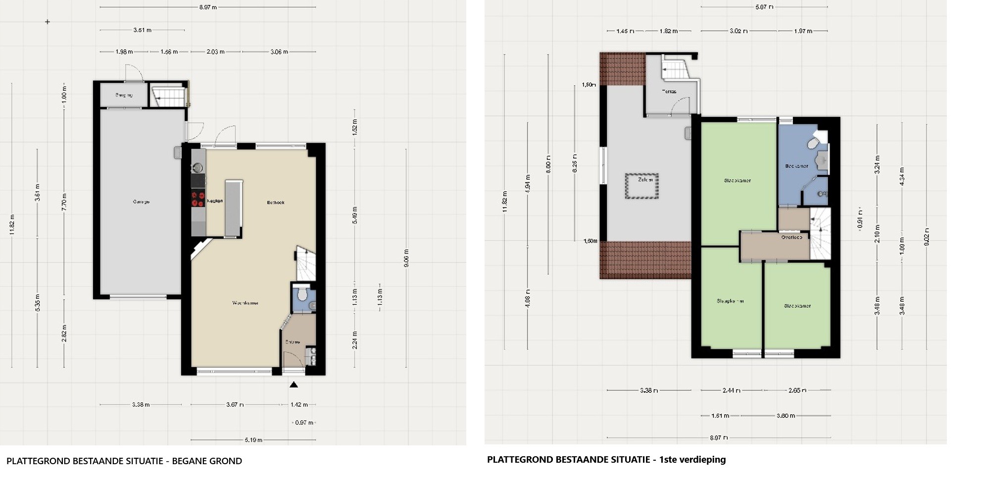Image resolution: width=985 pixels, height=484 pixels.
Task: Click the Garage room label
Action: pyautogui.click(x=141, y=202)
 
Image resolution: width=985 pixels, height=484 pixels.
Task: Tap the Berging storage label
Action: pyautogui.click(x=124, y=95)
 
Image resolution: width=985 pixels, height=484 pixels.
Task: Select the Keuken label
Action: pyautogui.click(x=214, y=201)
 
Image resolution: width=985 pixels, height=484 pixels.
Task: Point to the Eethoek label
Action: pyautogui.click(x=276, y=202)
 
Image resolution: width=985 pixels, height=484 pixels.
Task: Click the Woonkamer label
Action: pyautogui.click(x=246, y=303)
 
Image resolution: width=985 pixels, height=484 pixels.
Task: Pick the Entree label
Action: pyautogui.click(x=293, y=342)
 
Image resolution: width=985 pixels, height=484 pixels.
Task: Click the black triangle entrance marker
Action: pyautogui.click(x=294, y=384)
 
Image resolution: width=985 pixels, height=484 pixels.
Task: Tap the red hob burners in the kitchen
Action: pyautogui.click(x=198, y=199)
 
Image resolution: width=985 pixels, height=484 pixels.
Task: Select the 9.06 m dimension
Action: pyautogui.click(x=406, y=258)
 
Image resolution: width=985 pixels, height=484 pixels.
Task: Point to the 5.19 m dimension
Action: pyautogui.click(x=253, y=439)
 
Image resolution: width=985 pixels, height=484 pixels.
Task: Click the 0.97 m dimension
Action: pyautogui.click(x=304, y=423)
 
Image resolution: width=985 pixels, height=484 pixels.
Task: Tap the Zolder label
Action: pyautogui.click(x=645, y=180)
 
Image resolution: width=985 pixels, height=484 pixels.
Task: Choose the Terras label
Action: pyautogui.click(x=669, y=92)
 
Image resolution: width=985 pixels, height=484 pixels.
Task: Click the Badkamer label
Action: pyautogui.click(x=796, y=166)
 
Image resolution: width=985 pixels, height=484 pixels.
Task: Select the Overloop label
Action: pyautogui.click(x=791, y=237)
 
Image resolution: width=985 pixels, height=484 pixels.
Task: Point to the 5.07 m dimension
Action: pyautogui.click(x=764, y=7)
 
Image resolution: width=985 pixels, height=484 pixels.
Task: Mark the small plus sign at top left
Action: pyautogui.click(x=48, y=22)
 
